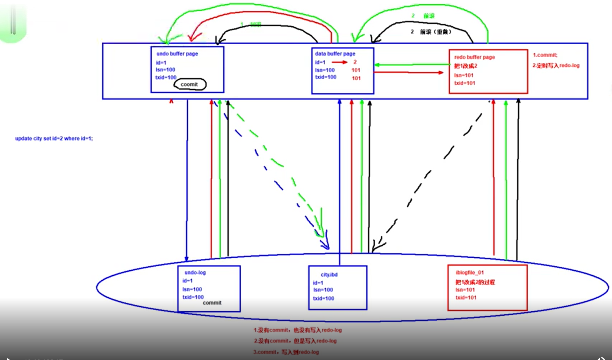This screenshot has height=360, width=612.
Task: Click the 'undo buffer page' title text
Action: coord(177,54)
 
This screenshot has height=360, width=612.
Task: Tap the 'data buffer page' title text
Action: coord(335,54)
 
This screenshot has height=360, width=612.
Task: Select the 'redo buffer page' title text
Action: coord(474,57)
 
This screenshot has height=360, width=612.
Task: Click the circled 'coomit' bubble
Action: coord(189,84)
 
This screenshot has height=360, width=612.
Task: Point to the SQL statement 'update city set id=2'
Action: coord(54,138)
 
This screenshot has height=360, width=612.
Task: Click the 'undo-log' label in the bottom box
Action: coord(195,272)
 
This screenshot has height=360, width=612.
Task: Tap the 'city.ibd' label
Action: coord(329,275)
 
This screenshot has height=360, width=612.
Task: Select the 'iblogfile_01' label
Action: coord(470,272)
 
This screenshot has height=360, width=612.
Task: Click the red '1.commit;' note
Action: coord(545,55)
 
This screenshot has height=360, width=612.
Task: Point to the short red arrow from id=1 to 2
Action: coord(339,62)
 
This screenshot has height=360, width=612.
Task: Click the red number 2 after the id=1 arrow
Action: coord(355,62)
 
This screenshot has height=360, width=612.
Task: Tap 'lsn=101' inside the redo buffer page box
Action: coord(464,75)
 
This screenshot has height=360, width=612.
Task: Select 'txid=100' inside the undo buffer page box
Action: coord(166,77)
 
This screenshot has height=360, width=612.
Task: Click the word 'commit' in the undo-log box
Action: coord(212,303)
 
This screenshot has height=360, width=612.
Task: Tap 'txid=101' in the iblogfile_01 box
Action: coord(466,298)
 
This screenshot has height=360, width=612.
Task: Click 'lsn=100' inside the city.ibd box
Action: coord(323,290)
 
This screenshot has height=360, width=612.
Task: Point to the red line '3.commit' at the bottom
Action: coord(286,352)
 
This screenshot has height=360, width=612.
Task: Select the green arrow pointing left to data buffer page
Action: coord(411,65)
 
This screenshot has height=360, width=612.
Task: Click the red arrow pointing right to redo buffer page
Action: coord(409,72)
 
